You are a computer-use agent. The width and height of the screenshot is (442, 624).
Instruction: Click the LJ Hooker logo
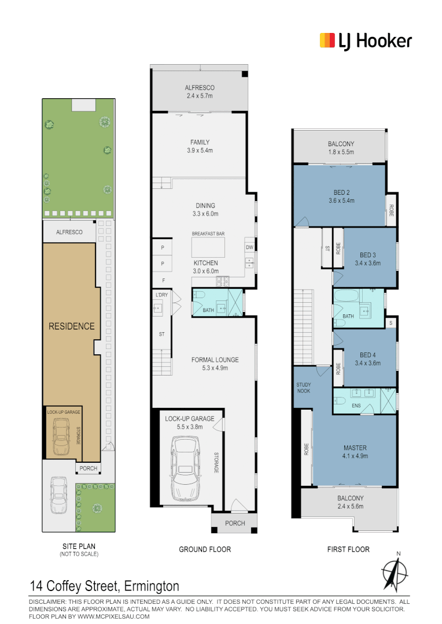(366, 41)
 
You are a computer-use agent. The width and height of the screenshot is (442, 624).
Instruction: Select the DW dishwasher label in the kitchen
(249, 247)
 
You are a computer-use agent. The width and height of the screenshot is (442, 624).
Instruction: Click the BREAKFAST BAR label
(208, 233)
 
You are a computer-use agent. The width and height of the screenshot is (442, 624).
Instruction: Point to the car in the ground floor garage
(185, 468)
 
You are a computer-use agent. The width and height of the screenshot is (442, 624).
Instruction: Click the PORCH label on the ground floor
(235, 523)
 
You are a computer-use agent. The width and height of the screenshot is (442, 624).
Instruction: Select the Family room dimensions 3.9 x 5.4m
(200, 150)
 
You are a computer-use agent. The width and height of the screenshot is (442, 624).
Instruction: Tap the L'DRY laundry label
(162, 295)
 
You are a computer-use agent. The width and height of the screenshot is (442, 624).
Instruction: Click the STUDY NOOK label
(304, 388)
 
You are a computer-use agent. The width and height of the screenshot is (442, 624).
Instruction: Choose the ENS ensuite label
(356, 406)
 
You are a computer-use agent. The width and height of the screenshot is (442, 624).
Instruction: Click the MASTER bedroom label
(355, 448)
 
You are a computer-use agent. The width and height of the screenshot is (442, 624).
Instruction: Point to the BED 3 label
(368, 255)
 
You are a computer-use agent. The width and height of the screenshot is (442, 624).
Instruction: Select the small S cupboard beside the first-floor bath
(391, 323)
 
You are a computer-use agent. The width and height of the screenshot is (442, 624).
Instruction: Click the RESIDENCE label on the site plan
(72, 326)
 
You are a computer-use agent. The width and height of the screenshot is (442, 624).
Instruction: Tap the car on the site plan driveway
(58, 496)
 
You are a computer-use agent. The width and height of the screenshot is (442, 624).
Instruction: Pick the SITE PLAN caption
(79, 547)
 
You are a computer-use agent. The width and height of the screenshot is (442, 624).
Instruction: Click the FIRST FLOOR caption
(348, 549)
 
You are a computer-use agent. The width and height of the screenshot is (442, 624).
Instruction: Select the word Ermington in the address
(152, 586)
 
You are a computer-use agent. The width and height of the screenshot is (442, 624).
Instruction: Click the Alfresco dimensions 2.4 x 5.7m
(200, 96)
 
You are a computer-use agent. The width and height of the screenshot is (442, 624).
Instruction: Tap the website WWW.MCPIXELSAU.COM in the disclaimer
(113, 616)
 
